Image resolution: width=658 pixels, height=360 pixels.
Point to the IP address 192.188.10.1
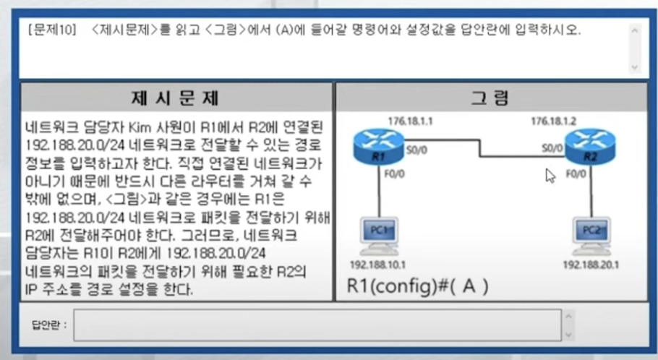click(377, 264)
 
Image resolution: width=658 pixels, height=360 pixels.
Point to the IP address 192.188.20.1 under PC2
click(590, 264)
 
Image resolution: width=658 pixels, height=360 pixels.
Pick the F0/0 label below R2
click(576, 173)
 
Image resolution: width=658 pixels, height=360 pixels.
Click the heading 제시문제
click(176, 98)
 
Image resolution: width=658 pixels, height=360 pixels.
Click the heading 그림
click(491, 98)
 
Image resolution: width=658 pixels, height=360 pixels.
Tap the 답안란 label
click(49, 325)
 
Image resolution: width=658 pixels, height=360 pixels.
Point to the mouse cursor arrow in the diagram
click(550, 176)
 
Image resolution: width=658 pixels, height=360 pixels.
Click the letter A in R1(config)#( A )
click(470, 286)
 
